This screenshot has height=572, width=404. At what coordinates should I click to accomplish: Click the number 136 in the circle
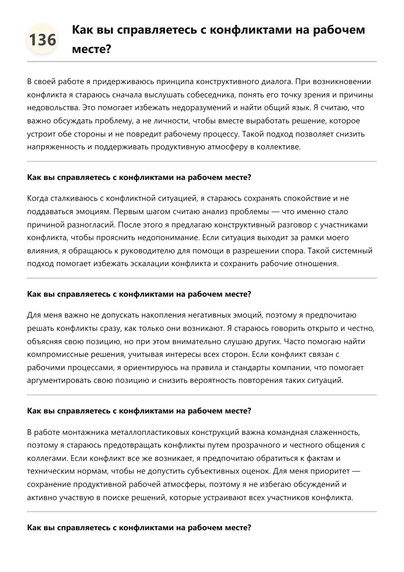43,40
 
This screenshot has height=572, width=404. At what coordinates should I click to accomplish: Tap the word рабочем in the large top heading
339,30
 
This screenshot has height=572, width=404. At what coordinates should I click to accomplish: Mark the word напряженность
56,147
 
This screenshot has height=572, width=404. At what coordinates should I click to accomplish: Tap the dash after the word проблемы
275,212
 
